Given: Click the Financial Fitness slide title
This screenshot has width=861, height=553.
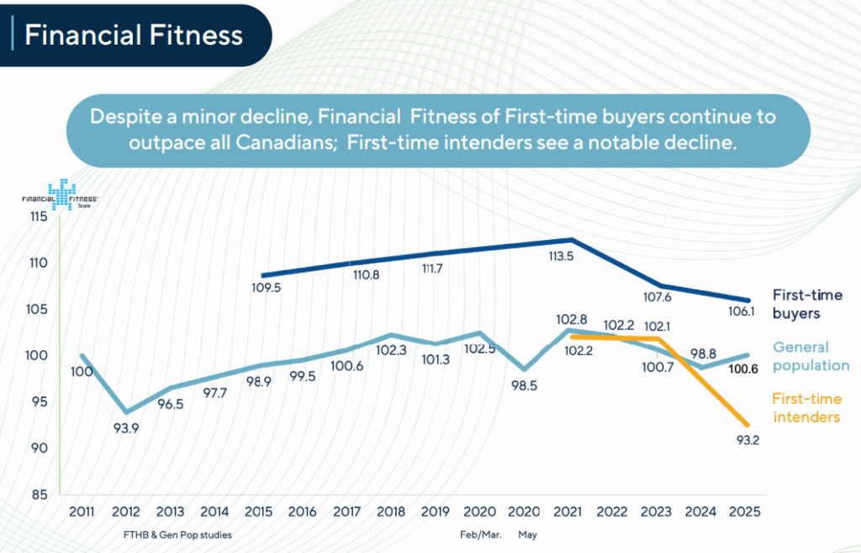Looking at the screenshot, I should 134,35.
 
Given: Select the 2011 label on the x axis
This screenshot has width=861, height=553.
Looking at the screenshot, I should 82,512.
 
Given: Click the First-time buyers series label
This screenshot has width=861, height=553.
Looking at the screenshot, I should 807,304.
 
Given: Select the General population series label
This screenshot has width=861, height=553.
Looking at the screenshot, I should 811,356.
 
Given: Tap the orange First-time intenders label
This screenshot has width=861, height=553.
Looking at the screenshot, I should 806,408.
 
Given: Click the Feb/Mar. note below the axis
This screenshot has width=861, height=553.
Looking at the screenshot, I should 481,534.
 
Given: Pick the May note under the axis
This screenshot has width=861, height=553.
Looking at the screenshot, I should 527,534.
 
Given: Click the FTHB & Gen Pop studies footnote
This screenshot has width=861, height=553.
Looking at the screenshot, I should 177,534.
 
